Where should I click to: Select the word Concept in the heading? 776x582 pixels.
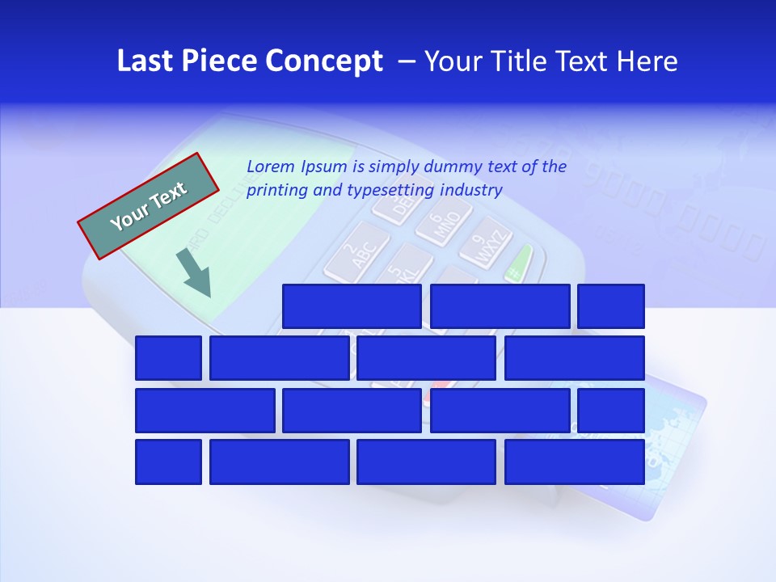[x=325, y=61]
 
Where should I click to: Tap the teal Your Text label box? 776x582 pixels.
[x=149, y=205]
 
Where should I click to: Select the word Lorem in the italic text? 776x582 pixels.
[x=271, y=167]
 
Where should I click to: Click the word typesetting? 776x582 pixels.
[x=390, y=191]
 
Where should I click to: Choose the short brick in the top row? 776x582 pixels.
[x=611, y=306]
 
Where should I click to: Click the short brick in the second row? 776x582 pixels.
[x=168, y=358]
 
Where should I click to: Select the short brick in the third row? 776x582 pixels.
[x=611, y=411]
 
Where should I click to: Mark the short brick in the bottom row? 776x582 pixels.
[x=168, y=462]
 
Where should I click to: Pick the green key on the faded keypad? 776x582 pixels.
[x=520, y=262]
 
